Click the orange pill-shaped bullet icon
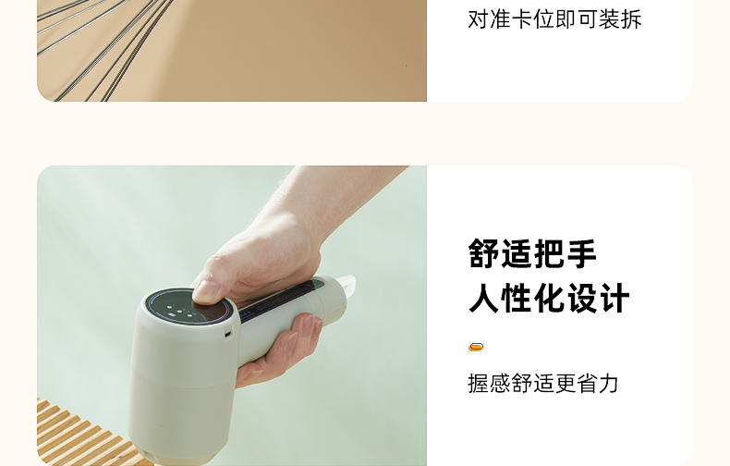tap(475, 347)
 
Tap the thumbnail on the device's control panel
tap(207, 293)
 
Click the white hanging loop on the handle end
tap(346, 284)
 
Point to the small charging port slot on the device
tap(228, 334)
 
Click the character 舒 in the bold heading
tap(484, 253)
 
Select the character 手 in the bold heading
tap(580, 253)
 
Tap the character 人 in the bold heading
tap(484, 298)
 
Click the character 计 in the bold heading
tap(614, 298)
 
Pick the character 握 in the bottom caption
tap(478, 384)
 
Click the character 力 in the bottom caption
tap(609, 384)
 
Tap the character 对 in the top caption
tap(478, 19)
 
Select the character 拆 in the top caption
tap(632, 19)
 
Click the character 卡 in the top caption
tap(522, 19)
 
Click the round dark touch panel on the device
tap(190, 308)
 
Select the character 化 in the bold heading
tap(550, 298)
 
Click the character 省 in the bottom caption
tap(587, 384)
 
